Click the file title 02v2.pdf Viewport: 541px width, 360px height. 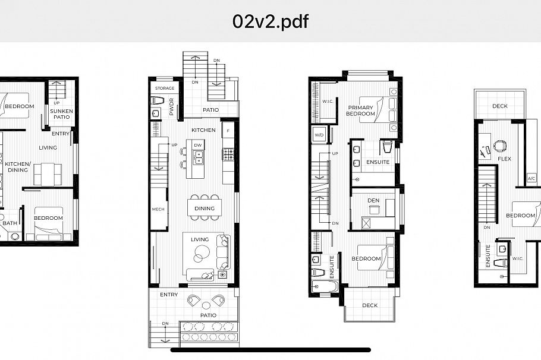click(x=270, y=22)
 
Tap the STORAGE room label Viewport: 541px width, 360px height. click(x=165, y=89)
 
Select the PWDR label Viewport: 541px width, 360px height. click(x=171, y=105)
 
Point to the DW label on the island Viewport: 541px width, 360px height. click(x=198, y=145)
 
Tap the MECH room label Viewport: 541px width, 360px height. click(x=158, y=209)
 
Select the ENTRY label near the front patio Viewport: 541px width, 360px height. click(x=169, y=295)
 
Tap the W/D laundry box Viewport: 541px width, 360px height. click(x=319, y=134)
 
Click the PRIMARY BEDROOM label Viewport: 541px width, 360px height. click(x=361, y=110)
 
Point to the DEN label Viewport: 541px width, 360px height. click(x=373, y=200)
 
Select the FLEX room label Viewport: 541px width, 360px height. click(x=504, y=159)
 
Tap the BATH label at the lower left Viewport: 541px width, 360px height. click(x=9, y=223)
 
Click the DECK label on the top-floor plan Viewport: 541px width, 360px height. click(x=499, y=106)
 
